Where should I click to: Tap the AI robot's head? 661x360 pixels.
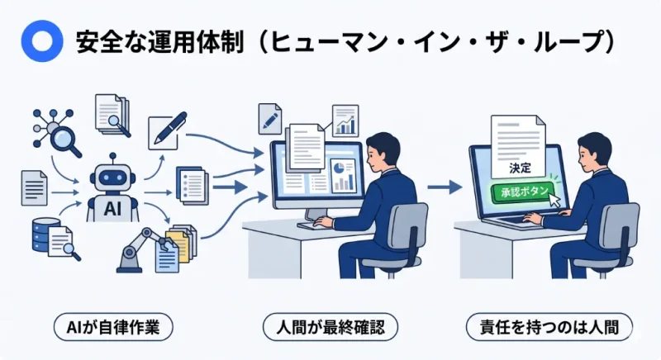click(112, 176)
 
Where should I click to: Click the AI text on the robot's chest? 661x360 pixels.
click(112, 209)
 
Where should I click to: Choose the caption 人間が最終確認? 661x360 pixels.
click(330, 325)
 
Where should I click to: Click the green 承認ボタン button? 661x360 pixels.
click(521, 192)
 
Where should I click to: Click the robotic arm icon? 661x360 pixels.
click(136, 248)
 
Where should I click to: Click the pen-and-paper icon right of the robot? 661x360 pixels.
click(165, 133)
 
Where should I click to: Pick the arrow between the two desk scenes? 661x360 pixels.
click(444, 187)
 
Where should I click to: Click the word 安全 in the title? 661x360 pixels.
click(91, 41)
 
